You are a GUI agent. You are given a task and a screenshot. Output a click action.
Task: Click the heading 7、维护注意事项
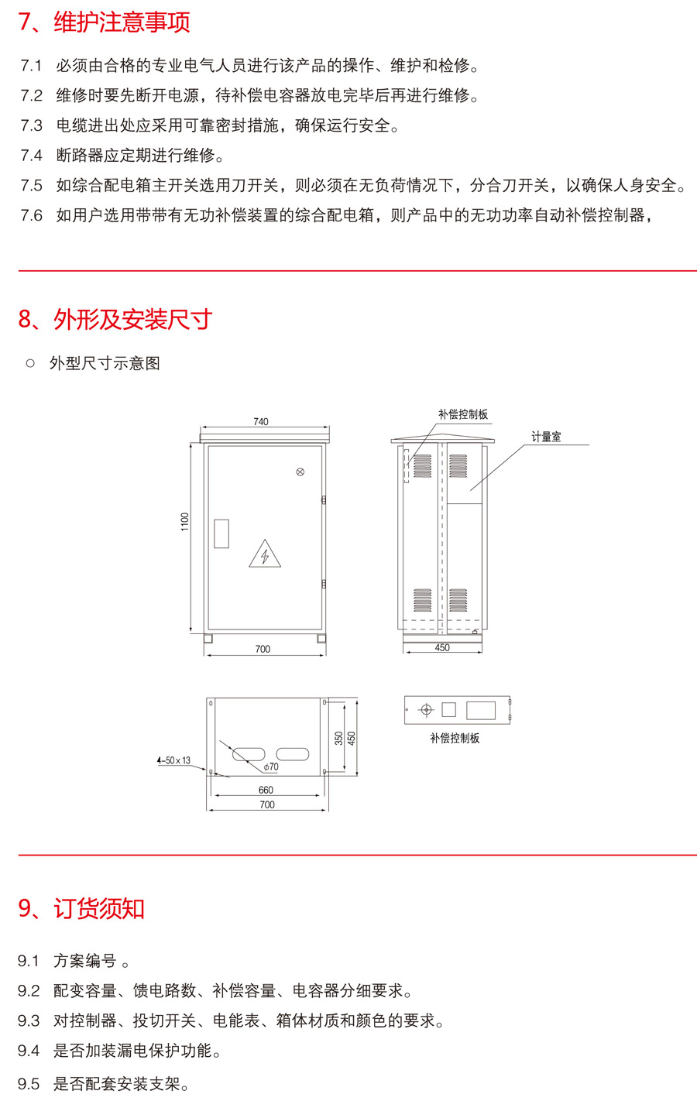click(105, 22)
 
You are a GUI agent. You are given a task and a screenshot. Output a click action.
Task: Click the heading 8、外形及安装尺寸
click(115, 320)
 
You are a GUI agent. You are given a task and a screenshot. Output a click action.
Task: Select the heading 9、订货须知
click(81, 909)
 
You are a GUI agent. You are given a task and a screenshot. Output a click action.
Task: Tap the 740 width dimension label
click(261, 422)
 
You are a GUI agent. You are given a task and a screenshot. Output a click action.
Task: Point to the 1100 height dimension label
click(185, 522)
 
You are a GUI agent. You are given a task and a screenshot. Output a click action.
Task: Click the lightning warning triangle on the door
click(265, 554)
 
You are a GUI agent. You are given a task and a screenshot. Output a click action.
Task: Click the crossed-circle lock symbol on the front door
click(300, 472)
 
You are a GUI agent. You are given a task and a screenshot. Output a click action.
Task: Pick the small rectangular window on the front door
click(221, 533)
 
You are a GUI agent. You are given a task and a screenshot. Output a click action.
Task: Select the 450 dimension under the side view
click(442, 647)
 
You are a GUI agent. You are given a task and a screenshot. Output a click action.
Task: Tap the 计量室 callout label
click(546, 437)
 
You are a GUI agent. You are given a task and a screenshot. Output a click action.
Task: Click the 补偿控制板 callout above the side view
click(463, 414)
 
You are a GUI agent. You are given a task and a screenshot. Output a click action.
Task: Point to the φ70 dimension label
click(271, 767)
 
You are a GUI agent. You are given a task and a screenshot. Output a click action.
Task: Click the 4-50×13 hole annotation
click(173, 760)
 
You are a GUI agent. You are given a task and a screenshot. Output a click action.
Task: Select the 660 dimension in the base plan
click(266, 790)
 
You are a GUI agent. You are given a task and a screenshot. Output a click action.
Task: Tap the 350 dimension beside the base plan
click(339, 739)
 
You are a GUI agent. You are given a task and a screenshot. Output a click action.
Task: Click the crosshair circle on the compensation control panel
click(426, 710)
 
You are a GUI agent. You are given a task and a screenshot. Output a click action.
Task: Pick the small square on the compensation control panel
click(448, 709)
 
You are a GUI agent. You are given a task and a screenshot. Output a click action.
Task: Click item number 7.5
click(32, 185)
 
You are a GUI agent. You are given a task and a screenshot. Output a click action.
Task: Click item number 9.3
click(29, 1021)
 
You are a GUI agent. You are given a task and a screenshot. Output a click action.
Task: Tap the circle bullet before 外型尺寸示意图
click(30, 363)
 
